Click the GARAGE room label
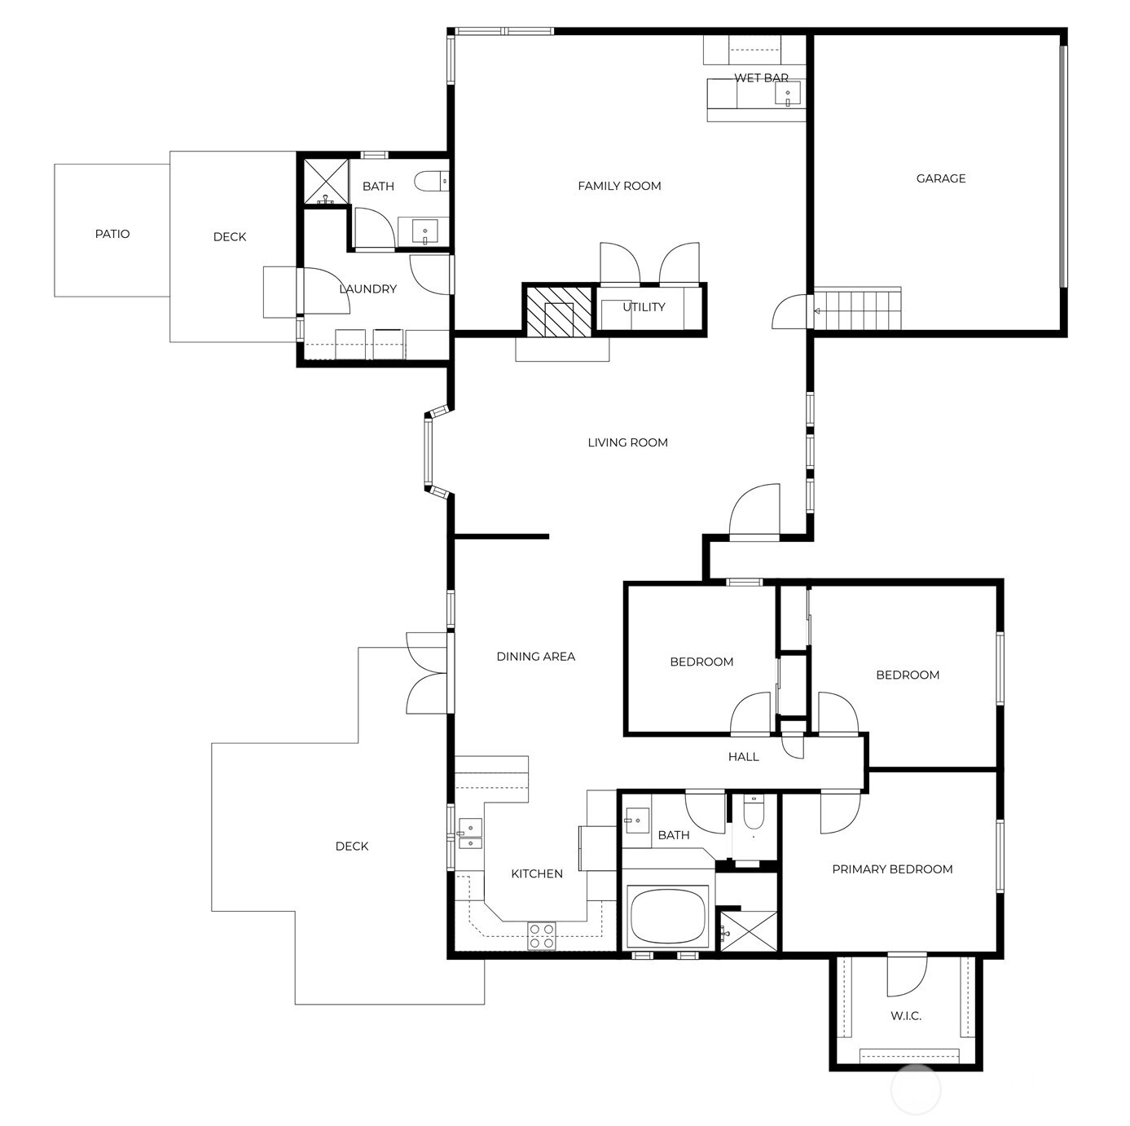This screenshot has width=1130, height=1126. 940,178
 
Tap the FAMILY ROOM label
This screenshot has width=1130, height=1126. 619,186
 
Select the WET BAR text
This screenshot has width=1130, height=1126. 761,78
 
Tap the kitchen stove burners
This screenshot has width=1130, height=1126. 542,935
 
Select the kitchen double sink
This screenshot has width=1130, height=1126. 470,834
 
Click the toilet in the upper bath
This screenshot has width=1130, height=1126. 429,181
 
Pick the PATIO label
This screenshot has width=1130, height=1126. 112,234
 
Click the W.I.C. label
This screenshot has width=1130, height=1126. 905,1016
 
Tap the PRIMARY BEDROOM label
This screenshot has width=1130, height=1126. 892,869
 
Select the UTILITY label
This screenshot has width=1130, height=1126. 644,307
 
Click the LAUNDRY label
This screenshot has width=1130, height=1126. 367,288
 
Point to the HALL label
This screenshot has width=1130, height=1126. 743,757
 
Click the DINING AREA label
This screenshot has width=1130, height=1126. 535,656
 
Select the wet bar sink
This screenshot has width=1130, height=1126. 788,94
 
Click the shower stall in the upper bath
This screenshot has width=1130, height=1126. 325,181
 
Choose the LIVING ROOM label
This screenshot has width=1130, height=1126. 627,442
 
